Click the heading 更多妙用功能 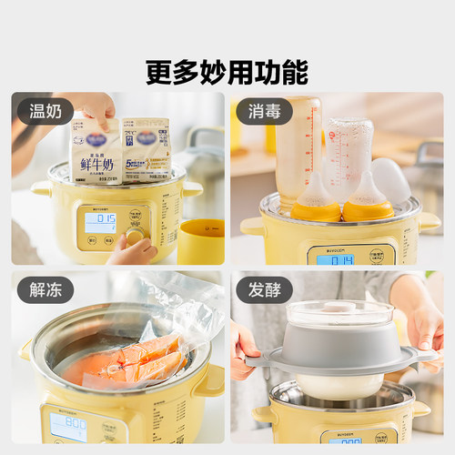(x=227, y=71)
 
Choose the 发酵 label (x=264, y=291)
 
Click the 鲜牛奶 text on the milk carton (x=95, y=164)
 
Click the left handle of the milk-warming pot (x=41, y=188)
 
